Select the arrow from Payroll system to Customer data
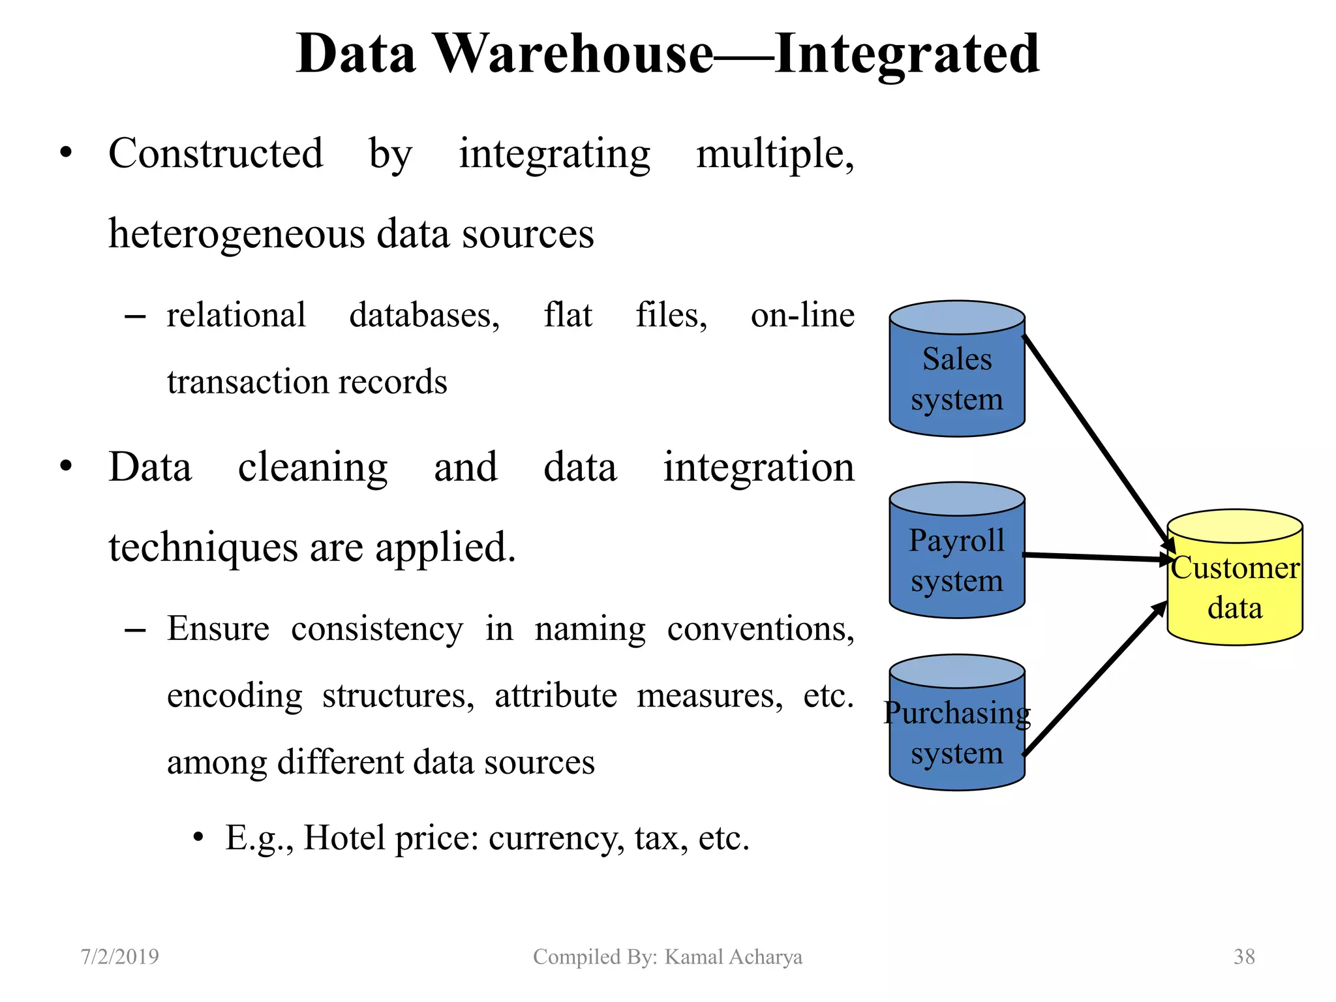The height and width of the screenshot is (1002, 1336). (1096, 557)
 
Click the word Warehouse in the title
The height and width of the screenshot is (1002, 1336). (574, 53)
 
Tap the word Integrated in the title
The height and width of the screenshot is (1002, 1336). (907, 53)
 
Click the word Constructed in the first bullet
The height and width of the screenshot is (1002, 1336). (215, 154)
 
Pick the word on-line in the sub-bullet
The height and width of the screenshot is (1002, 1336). (802, 316)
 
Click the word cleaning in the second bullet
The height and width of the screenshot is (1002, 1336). (312, 468)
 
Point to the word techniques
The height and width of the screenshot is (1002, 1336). (203, 548)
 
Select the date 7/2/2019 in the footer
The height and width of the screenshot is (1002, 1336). (119, 956)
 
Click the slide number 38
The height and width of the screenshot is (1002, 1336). (1244, 956)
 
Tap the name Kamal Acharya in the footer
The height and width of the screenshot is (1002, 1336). (733, 956)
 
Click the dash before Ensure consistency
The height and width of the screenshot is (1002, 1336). (134, 630)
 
